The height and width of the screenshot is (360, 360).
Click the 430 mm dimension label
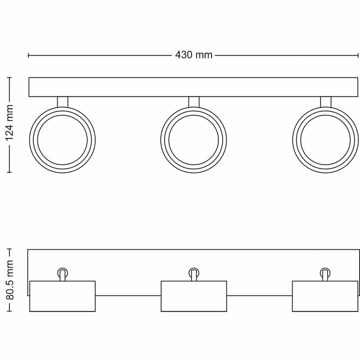[194, 55]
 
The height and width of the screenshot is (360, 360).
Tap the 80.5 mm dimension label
[10, 280]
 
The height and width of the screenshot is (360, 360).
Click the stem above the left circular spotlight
[63, 102]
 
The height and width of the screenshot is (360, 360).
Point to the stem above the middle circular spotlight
[194, 102]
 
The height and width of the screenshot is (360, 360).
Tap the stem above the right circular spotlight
[325, 102]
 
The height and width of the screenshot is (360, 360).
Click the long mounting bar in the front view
[194, 87]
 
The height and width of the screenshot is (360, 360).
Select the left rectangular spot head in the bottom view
[63, 296]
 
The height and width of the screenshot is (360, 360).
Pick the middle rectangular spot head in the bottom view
[194, 296]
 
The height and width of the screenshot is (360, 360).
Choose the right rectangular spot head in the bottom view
[325, 296]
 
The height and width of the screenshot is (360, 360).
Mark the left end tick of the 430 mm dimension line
[28, 55]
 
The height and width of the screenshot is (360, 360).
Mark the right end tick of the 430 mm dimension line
[358, 55]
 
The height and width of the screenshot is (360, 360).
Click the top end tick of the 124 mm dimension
[10, 78]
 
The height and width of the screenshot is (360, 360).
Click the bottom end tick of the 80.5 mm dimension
[10, 311]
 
